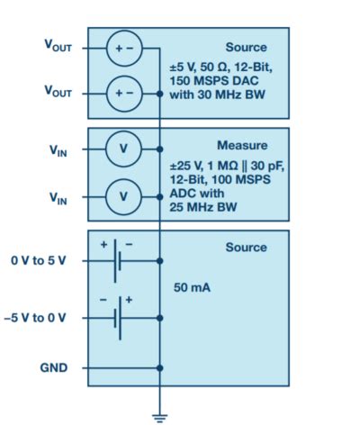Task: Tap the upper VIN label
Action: (58, 150)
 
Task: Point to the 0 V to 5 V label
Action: (42, 260)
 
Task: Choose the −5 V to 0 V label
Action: (41, 318)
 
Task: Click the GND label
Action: (54, 368)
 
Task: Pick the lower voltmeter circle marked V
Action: (124, 195)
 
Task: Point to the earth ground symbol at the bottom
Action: (160, 415)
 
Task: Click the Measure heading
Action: (241, 145)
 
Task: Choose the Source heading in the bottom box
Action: (245, 248)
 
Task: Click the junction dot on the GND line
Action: (160, 368)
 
